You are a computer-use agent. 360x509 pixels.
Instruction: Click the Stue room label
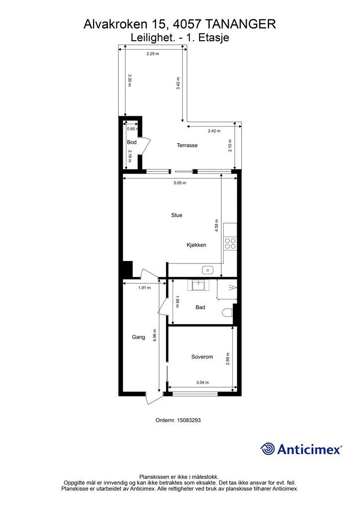[177, 215]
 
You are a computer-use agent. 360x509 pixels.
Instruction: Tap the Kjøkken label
[196, 245]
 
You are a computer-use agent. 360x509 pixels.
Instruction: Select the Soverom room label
[202, 357]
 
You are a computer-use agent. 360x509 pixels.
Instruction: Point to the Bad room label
[200, 307]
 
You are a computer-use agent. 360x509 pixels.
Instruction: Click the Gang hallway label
[138, 338]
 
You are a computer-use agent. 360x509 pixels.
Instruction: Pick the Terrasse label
[187, 146]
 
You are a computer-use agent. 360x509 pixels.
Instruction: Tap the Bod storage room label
[131, 142]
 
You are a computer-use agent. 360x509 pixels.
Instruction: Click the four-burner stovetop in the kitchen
[230, 244]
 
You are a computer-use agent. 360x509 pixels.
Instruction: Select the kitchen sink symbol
[207, 269]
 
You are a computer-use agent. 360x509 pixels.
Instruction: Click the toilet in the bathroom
[227, 313]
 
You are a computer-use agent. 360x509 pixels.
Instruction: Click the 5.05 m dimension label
[180, 183]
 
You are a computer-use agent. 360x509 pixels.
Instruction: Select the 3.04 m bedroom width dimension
[202, 382]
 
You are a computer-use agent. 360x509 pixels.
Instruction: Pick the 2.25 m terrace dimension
[153, 54]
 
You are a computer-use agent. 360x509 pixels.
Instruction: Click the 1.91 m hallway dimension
[144, 288]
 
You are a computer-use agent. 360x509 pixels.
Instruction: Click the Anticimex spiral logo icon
[268, 449]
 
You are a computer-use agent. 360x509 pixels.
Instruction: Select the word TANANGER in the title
[241, 24]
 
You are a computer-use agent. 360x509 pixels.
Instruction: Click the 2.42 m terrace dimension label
[214, 131]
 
